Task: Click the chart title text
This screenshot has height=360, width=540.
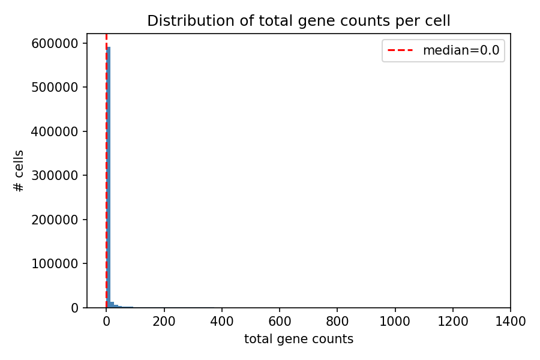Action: pyautogui.click(x=298, y=21)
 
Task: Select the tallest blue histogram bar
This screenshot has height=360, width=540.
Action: pyautogui.click(x=109, y=180)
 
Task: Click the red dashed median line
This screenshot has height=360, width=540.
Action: pyautogui.click(x=106, y=150)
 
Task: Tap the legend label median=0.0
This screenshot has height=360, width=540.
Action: pyautogui.click(x=461, y=50)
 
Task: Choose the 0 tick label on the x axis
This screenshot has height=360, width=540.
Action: pyautogui.click(x=106, y=321)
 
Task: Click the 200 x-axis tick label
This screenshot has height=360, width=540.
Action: pyautogui.click(x=164, y=321)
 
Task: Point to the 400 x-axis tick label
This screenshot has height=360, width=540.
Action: pyautogui.click(x=222, y=321)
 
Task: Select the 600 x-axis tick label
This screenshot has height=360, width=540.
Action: pyautogui.click(x=280, y=321)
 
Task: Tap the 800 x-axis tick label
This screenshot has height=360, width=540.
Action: pyautogui.click(x=337, y=321)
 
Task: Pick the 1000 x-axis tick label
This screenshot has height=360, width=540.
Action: pyautogui.click(x=395, y=321)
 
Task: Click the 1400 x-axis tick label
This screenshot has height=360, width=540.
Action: pyautogui.click(x=511, y=321)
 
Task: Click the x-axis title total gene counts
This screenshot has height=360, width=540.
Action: pyautogui.click(x=298, y=339)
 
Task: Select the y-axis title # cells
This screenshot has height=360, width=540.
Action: pyautogui.click(x=19, y=171)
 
